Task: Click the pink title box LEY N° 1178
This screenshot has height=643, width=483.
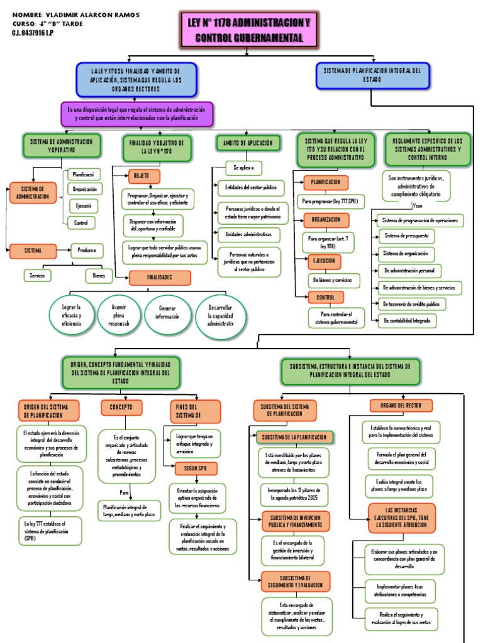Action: point(249,30)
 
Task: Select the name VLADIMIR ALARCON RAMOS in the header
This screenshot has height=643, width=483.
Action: point(92,14)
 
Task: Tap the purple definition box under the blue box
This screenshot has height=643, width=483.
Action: point(136,114)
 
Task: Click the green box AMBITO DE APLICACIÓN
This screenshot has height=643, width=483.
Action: point(247,143)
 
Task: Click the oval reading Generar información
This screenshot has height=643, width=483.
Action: point(167,312)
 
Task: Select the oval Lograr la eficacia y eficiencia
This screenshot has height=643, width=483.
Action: point(71,314)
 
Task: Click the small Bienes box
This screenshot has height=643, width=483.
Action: point(99,275)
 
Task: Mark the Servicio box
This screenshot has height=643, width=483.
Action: point(37,275)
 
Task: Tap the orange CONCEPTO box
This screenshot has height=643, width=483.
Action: point(121,408)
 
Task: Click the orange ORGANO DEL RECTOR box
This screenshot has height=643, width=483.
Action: point(401,406)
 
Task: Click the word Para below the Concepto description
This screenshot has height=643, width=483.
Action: point(125,493)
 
